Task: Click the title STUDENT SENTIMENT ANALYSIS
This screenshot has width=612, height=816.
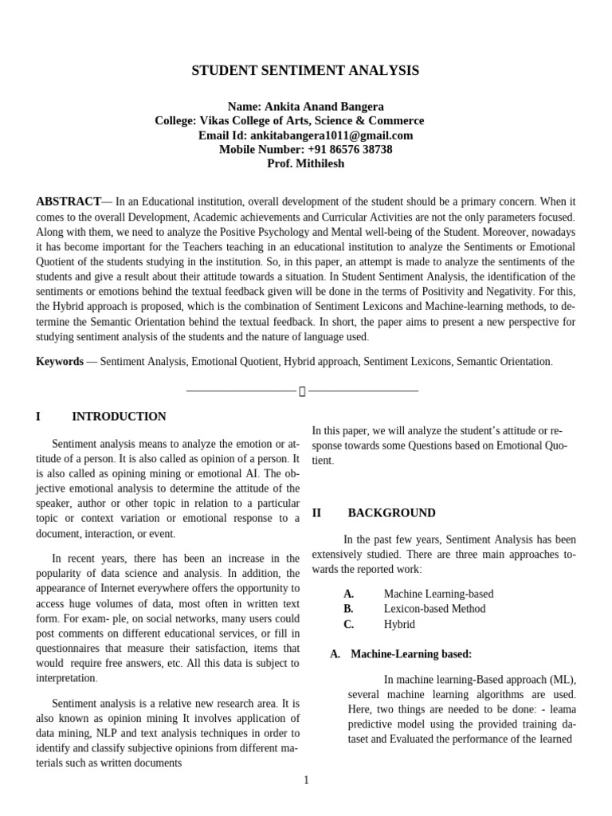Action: [305, 71]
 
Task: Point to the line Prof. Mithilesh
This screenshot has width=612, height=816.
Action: [305, 164]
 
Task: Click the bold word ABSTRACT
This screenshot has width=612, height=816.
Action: [68, 202]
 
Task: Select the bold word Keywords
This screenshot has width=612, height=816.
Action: [60, 361]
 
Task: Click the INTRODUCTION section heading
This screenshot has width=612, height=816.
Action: [119, 417]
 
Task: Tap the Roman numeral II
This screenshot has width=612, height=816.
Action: [316, 513]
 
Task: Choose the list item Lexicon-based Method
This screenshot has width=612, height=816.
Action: [434, 609]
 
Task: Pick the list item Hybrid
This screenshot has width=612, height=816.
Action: [399, 625]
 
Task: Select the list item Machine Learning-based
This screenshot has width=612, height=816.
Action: [438, 594]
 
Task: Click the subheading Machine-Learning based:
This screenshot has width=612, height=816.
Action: [411, 654]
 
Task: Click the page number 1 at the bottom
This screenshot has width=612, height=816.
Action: [306, 780]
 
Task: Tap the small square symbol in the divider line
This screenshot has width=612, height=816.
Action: [302, 391]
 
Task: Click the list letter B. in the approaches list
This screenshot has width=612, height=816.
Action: [348, 609]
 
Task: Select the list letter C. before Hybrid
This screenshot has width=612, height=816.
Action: [348, 625]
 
